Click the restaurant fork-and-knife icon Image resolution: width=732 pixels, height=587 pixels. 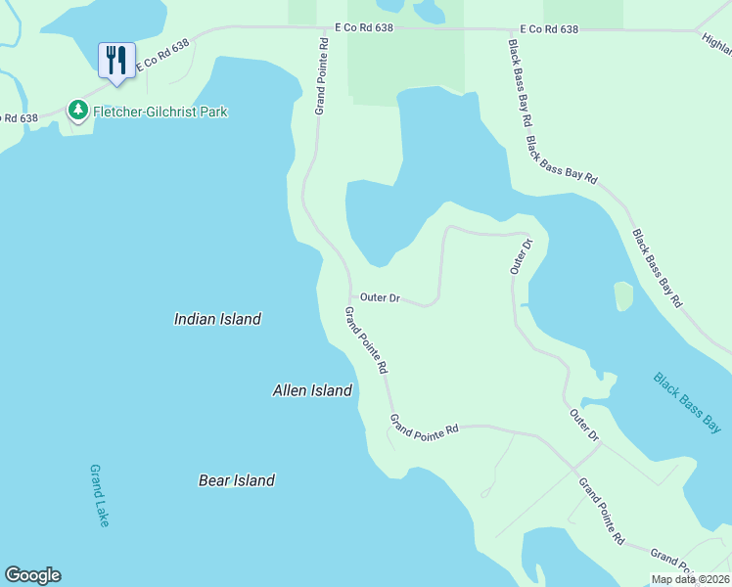tap(116, 59)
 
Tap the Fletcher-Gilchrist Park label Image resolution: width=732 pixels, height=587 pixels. tap(160, 112)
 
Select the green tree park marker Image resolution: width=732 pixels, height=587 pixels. tap(78, 111)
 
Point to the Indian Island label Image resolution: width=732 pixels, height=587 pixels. tap(217, 319)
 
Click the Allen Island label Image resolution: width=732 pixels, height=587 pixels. tap(311, 390)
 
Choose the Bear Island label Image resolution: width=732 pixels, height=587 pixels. tap(236, 480)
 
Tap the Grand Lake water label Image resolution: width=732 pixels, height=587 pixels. tap(99, 496)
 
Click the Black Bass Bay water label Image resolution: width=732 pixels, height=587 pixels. tap(687, 402)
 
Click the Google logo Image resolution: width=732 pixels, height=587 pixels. tap(32, 575)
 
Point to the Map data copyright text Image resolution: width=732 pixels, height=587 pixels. tap(690, 579)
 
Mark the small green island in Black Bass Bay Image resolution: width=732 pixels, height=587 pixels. tap(623, 295)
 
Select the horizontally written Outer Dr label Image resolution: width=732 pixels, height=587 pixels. tap(380, 297)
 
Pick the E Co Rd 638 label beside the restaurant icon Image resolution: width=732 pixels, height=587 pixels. tap(161, 58)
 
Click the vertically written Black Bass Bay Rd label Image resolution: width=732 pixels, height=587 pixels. tap(519, 82)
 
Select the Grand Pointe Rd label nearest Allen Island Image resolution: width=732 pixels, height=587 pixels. tap(366, 340)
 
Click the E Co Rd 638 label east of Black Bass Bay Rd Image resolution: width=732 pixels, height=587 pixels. tap(549, 29)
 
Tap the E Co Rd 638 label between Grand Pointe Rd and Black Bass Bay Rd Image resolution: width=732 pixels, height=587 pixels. tap(363, 29)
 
